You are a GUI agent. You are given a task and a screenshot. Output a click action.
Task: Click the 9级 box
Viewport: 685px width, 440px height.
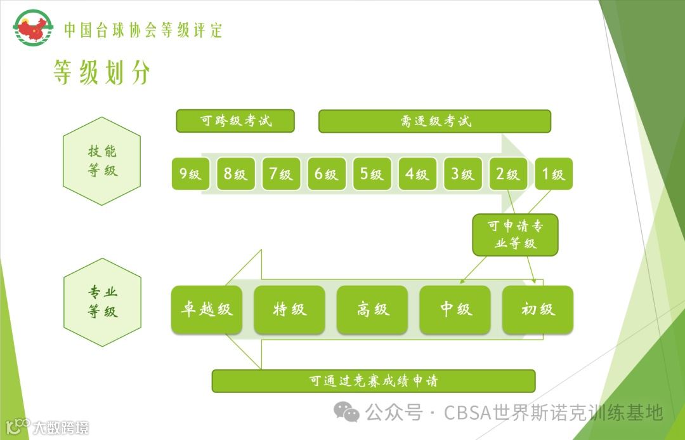190,174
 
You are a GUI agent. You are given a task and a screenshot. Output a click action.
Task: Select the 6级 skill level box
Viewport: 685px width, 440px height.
327,174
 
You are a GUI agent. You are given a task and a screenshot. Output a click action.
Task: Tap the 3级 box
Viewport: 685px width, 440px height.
463,174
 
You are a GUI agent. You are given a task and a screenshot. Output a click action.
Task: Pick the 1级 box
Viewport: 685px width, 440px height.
554,174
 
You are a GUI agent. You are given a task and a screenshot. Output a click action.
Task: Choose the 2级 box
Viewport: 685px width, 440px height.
508,174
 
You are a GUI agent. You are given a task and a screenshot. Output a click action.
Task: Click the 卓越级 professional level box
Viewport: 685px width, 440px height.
207,310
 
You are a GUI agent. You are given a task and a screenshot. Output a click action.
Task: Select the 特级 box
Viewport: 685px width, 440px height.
289,310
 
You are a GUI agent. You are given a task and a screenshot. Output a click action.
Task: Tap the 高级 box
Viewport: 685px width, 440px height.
372,310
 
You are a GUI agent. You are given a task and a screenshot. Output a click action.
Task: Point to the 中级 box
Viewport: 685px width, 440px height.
455,310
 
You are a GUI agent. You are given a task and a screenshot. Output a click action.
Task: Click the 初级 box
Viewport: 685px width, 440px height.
538,310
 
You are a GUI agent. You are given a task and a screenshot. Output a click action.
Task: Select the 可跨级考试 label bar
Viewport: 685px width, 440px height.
235,121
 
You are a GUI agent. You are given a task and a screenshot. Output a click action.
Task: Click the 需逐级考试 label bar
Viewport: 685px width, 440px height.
434,121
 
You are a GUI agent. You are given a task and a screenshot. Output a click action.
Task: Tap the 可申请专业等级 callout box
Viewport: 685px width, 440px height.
515,235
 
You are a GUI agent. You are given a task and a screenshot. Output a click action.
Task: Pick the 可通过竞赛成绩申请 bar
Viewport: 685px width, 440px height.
374,381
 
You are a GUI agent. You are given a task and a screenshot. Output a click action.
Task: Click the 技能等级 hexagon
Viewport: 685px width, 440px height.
102,161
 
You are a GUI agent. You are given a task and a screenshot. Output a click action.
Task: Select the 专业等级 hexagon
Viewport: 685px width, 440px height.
102,302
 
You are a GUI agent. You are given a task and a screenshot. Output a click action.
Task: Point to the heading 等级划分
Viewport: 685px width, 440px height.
101,73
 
